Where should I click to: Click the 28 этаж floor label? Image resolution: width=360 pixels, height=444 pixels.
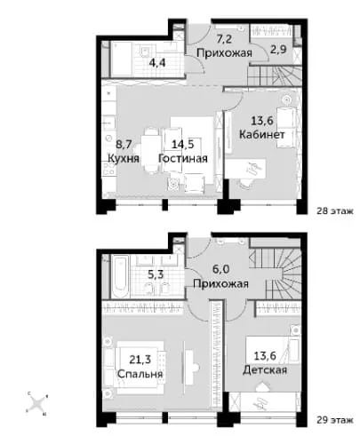tap(335, 211)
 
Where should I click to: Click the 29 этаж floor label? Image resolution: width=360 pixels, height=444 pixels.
tap(335, 420)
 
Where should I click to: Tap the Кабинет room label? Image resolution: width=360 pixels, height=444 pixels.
tap(262, 135)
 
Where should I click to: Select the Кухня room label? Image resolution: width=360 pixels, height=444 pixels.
tap(124, 158)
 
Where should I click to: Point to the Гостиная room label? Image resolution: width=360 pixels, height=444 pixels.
tap(183, 158)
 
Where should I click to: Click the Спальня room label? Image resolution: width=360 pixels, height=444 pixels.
tap(140, 374)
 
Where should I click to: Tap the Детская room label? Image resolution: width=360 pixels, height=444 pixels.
tap(265, 370)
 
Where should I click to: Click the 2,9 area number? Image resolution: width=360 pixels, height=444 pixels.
tap(278, 49)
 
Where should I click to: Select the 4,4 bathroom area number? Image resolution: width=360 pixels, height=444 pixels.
tap(157, 63)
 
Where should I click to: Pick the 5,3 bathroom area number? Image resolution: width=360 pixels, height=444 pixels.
tap(156, 274)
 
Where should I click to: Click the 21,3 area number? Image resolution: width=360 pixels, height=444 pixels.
tap(140, 359)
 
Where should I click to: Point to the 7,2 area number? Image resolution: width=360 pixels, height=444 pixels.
tap(224, 38)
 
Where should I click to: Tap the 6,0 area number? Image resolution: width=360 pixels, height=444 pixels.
tap(220, 269)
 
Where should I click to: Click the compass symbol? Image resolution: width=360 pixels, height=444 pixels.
tap(37, 403)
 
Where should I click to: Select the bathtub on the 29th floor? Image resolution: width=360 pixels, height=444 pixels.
tap(121, 277)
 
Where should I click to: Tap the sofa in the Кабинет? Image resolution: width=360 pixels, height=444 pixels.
tap(286, 127)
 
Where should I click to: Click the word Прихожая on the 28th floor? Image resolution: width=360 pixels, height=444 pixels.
tap(224, 53)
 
